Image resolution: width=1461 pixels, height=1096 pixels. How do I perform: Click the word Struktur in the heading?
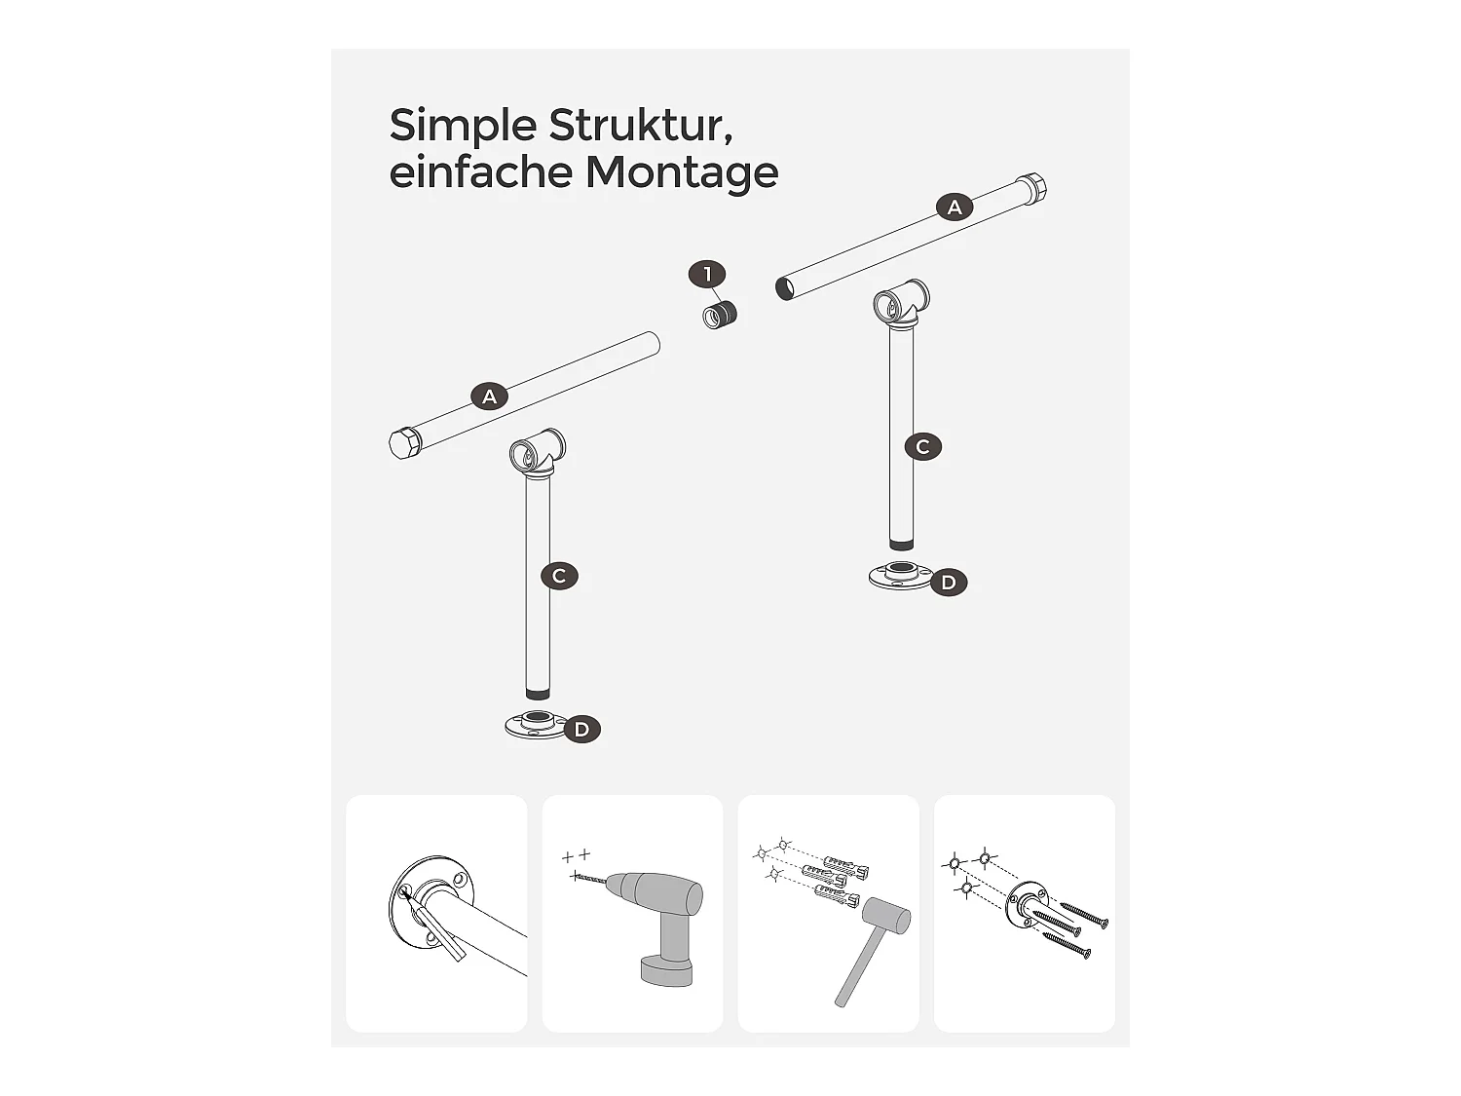(641, 125)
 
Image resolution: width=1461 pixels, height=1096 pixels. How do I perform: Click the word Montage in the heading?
(682, 174)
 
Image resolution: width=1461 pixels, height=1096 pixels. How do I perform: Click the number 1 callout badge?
(707, 274)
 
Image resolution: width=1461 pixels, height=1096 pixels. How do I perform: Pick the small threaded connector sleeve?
(720, 315)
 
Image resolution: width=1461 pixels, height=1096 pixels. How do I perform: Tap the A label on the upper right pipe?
(955, 208)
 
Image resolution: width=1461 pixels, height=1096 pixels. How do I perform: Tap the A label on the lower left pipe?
(489, 397)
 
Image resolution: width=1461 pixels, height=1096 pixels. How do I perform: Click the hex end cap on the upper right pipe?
(1030, 190)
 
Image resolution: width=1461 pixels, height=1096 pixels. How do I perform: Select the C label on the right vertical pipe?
(923, 446)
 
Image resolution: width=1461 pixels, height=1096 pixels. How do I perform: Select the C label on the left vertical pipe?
(559, 577)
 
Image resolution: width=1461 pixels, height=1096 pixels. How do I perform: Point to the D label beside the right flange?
(949, 583)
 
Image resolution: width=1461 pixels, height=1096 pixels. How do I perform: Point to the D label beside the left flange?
(581, 730)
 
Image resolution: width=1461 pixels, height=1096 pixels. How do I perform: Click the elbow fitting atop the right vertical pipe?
(902, 306)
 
